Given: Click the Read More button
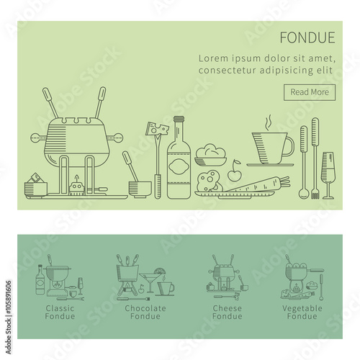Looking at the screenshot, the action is [310, 92].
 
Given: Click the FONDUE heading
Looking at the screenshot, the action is [307, 37].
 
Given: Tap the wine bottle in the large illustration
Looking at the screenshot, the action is [179, 158].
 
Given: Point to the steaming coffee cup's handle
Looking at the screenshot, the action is [290, 146].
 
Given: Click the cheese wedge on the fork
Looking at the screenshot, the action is [158, 129].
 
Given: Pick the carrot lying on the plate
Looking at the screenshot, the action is [257, 184].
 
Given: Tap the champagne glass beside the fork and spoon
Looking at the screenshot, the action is [328, 175].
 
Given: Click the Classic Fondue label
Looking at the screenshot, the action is [60, 312].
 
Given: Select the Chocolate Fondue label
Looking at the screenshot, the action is [145, 312].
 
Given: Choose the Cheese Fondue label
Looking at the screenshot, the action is [227, 312].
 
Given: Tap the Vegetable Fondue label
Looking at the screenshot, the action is [302, 312].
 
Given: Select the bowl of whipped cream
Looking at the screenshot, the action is [211, 155].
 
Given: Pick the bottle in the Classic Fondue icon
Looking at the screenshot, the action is [40, 280].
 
